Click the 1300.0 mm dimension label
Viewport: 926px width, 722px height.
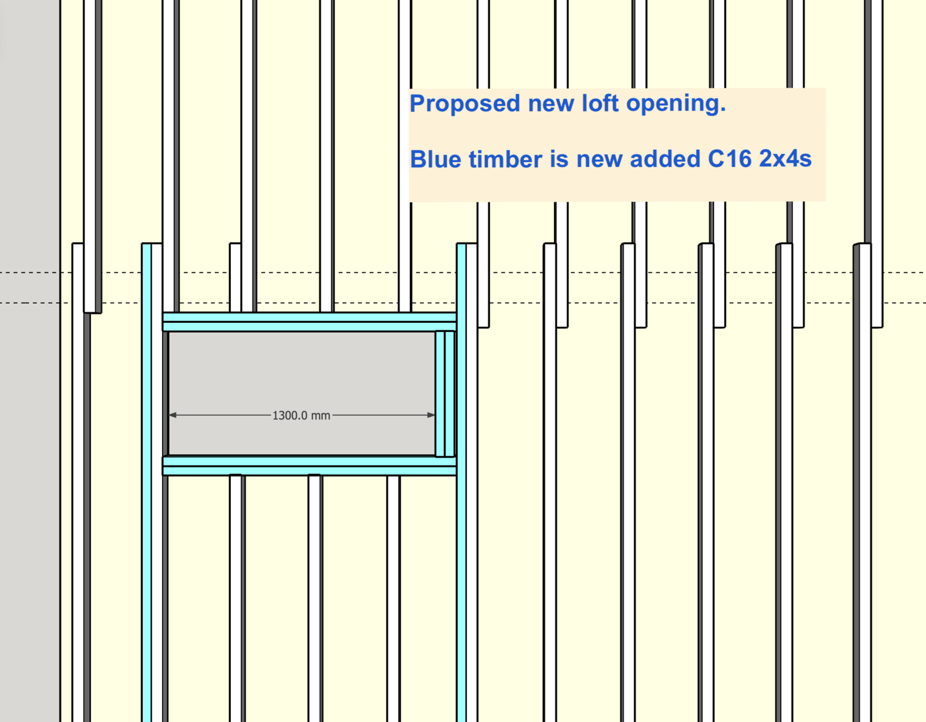click(302, 415)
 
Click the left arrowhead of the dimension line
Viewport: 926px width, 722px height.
click(173, 415)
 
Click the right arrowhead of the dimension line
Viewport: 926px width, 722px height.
click(431, 415)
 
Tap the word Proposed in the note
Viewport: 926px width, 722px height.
click(465, 104)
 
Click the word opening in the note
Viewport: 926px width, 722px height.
click(676, 104)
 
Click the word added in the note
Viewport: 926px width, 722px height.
click(665, 159)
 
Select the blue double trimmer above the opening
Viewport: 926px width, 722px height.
click(310, 322)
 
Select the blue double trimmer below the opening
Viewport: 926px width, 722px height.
click(310, 466)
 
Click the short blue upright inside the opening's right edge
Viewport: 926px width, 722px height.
click(445, 394)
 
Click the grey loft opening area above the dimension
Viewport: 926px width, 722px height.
click(302, 371)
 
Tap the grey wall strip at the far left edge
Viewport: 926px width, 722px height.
click(30, 361)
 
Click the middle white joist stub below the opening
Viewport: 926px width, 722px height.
click(314, 598)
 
